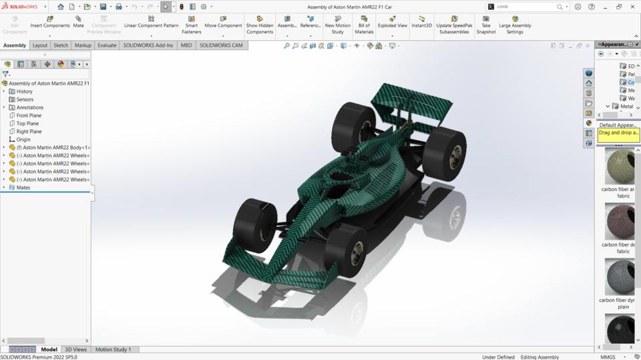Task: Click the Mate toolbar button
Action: tap(78, 22)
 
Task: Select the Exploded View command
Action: tap(392, 22)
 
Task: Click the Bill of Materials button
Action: tap(364, 24)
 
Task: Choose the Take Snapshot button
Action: tap(486, 24)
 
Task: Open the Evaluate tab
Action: tap(107, 45)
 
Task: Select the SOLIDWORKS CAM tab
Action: tap(221, 45)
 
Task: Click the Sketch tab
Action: tap(61, 45)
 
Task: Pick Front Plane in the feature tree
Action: tap(29, 116)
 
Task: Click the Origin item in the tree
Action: tap(23, 140)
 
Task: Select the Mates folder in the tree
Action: tap(23, 188)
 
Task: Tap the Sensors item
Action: tap(25, 100)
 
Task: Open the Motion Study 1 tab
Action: tap(113, 349)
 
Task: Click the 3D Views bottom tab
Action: tap(75, 349)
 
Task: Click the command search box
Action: tap(526, 7)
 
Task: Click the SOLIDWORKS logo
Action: tap(20, 7)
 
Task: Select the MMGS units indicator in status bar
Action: tap(608, 357)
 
